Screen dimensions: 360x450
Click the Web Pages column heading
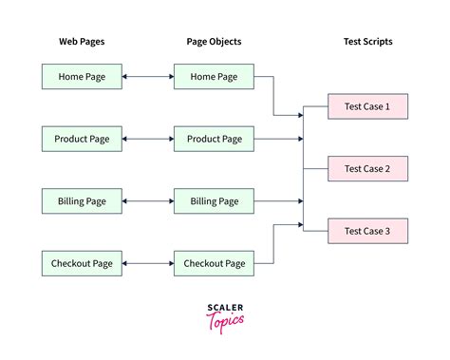point(82,42)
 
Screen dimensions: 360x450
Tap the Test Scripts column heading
point(367,42)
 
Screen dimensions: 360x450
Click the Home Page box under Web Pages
point(82,77)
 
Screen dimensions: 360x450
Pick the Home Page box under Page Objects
point(214,77)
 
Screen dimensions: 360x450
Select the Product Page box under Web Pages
point(82,139)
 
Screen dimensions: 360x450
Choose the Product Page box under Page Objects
point(214,139)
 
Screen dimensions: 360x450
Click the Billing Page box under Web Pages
point(82,200)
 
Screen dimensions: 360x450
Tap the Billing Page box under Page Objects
point(214,200)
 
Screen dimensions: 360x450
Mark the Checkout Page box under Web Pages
point(82,263)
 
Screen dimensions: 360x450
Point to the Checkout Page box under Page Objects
point(214,263)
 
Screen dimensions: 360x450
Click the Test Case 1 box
point(367,106)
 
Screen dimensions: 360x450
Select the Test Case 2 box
point(367,169)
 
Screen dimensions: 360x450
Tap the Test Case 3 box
point(367,231)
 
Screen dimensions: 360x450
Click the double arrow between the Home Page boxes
point(147,77)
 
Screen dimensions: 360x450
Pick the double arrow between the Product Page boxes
point(147,139)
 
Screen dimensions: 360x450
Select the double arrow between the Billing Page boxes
point(147,200)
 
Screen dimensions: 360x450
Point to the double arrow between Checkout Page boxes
point(147,263)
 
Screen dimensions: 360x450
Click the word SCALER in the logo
point(225,308)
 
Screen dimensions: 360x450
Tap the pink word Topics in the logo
point(225,320)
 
